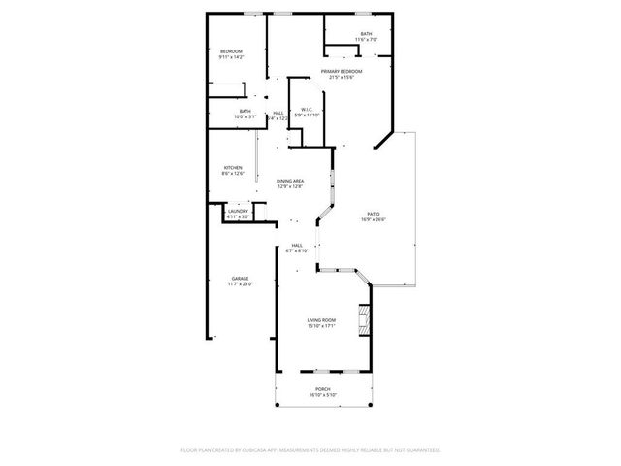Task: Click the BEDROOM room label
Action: [x=230, y=51]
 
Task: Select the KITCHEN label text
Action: [x=233, y=167]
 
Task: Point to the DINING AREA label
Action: [x=290, y=181]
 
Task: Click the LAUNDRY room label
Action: [x=238, y=211]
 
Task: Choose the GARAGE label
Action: [x=240, y=278]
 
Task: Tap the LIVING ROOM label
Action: [x=321, y=320]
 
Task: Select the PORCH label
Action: [x=321, y=388]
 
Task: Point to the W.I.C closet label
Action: [x=307, y=109]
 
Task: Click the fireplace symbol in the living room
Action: [x=364, y=319]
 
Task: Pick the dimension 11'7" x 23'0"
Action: [x=240, y=284]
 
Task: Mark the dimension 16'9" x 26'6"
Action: [x=373, y=219]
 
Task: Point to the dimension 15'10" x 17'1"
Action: [x=321, y=327]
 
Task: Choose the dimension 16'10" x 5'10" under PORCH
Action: [x=321, y=395]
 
